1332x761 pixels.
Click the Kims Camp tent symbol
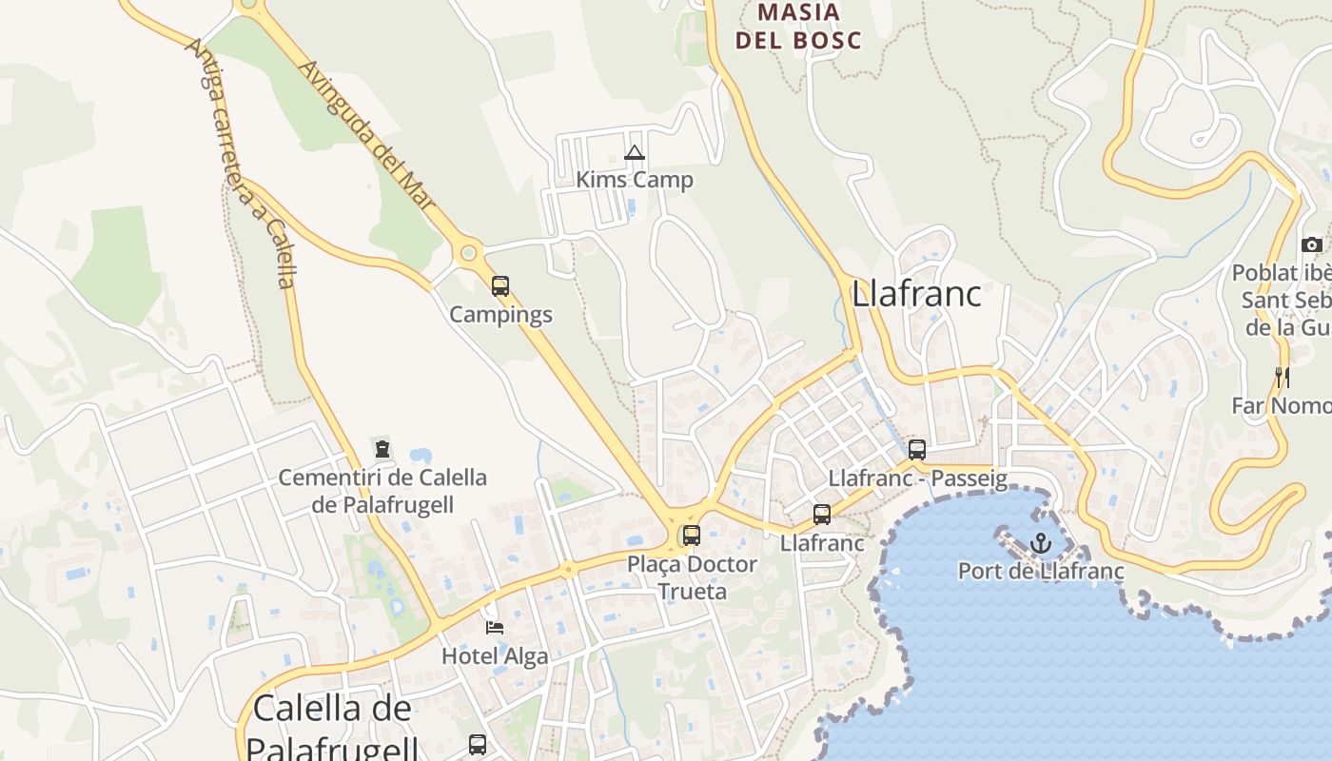tap(635, 153)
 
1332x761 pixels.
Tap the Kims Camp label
tap(635, 180)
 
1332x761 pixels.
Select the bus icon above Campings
tap(500, 285)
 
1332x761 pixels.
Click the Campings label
tap(500, 314)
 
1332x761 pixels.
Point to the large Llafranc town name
tap(916, 294)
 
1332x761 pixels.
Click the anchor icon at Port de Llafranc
tap(1041, 544)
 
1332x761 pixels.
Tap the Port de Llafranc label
tap(1041, 572)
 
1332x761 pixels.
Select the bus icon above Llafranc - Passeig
tap(917, 450)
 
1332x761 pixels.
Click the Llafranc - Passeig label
tap(917, 478)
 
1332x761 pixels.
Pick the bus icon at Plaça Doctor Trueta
tap(692, 536)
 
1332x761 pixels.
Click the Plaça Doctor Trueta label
tap(692, 577)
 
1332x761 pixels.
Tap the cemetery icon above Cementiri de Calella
tap(382, 448)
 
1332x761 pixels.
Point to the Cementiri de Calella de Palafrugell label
tap(382, 491)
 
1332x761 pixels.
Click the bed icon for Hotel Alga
tap(495, 627)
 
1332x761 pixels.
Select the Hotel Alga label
tap(495, 656)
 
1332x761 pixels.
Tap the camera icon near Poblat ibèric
tap(1312, 244)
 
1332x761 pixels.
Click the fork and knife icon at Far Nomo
tap(1283, 378)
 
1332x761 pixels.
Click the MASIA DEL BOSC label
tap(799, 27)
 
